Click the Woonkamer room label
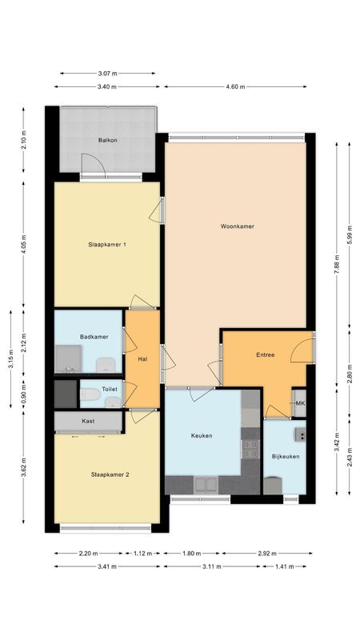point(237,226)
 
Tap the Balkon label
point(108,140)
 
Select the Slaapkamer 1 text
point(107,245)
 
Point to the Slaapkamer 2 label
point(110,474)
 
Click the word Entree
point(266,354)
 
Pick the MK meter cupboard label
point(300,403)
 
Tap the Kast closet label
point(88,421)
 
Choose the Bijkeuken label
point(285,456)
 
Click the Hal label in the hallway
point(142,359)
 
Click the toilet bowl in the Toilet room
point(93,395)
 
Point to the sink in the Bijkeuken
point(301,435)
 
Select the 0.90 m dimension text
point(23,395)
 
